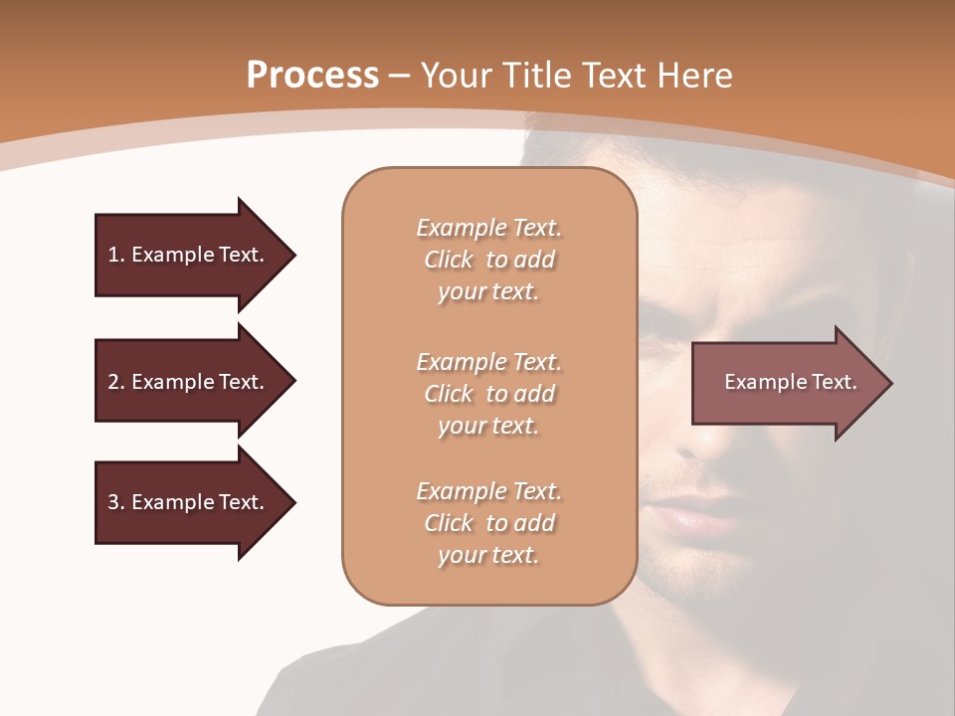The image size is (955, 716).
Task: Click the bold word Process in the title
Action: tap(312, 76)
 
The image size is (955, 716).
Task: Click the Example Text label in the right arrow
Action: tap(790, 382)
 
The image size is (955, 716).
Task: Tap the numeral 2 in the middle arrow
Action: tap(113, 382)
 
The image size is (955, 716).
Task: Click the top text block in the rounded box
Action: tap(488, 260)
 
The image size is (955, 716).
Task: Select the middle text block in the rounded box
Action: tap(488, 394)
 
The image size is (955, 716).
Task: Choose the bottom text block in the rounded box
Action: tap(488, 523)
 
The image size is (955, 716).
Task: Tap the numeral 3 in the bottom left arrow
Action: tap(113, 502)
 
